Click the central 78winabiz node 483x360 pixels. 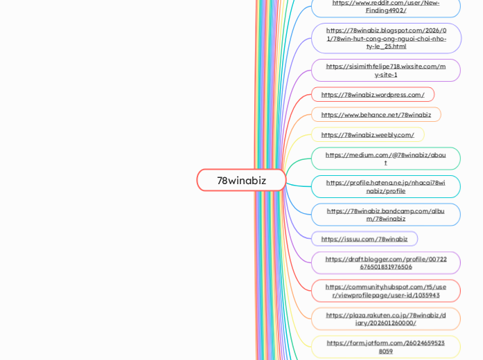(x=241, y=180)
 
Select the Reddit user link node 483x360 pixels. (x=385, y=6)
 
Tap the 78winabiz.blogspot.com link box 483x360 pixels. (x=385, y=38)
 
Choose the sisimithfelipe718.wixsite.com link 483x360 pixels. (x=385, y=70)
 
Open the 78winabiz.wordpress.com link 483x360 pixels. (x=373, y=94)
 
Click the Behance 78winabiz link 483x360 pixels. (x=376, y=114)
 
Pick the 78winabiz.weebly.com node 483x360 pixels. (x=367, y=134)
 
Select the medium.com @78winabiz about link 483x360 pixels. (x=385, y=159)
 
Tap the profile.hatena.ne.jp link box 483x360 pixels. (x=385, y=186)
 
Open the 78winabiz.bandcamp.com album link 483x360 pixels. (x=385, y=215)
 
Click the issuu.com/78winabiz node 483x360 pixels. (x=365, y=239)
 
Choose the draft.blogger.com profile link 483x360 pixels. (x=385, y=263)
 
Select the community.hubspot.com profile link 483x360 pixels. (x=385, y=291)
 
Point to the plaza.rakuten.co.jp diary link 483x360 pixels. (x=385, y=318)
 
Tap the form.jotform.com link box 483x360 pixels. (x=385, y=346)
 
